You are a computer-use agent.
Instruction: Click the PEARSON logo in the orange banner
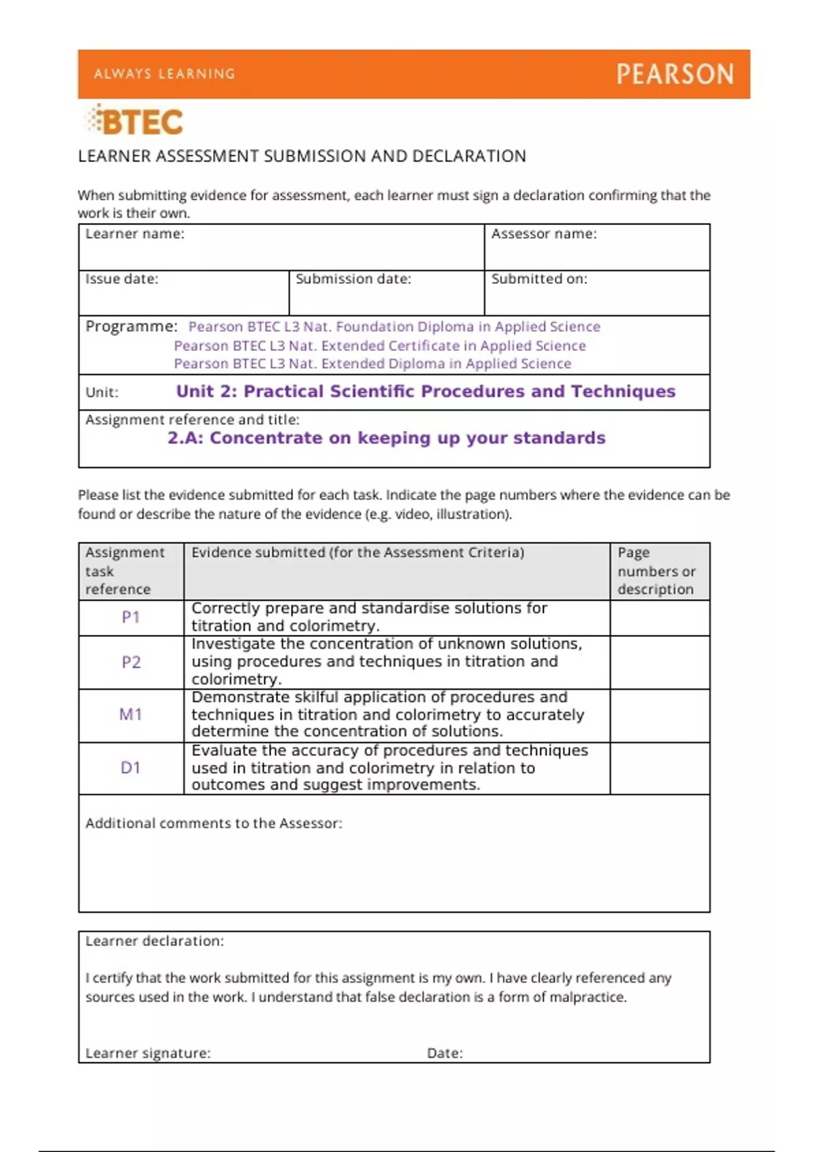pyautogui.click(x=674, y=74)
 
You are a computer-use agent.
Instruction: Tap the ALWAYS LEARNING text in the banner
pyautogui.click(x=165, y=74)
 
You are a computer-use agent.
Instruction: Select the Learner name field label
pyautogui.click(x=134, y=234)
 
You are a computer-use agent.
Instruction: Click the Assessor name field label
pyautogui.click(x=543, y=234)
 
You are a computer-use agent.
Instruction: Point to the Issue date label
pyautogui.click(x=121, y=279)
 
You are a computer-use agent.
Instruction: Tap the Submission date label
pyautogui.click(x=353, y=279)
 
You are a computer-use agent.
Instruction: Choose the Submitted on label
pyautogui.click(x=539, y=279)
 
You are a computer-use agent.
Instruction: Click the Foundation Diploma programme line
pyautogui.click(x=394, y=327)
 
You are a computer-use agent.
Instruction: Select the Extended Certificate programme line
pyautogui.click(x=380, y=346)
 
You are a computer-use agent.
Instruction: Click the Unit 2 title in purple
pyautogui.click(x=425, y=392)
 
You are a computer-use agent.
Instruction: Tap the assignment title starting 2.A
pyautogui.click(x=386, y=438)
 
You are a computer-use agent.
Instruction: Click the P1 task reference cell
pyautogui.click(x=131, y=617)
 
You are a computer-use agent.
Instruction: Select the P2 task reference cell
pyautogui.click(x=131, y=662)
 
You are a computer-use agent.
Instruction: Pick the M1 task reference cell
pyautogui.click(x=131, y=714)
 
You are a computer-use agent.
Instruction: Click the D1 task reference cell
pyautogui.click(x=131, y=768)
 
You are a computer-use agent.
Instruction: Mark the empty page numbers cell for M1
pyautogui.click(x=659, y=716)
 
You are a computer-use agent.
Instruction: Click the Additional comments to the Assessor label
pyautogui.click(x=214, y=823)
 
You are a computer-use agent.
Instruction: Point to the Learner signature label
pyautogui.click(x=148, y=1053)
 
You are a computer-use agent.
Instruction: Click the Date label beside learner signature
pyautogui.click(x=444, y=1053)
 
